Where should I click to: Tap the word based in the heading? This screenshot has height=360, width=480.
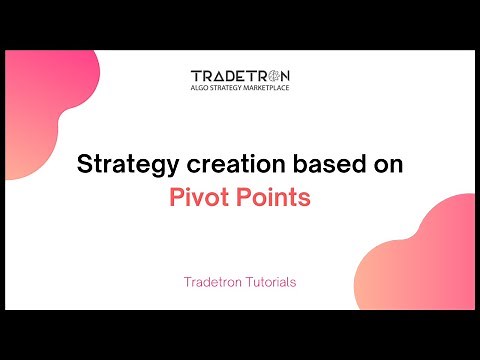(x=308, y=164)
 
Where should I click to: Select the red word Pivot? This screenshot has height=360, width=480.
(x=195, y=197)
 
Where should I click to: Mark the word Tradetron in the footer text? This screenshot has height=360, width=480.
(x=206, y=282)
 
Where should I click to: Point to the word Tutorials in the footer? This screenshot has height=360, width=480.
(x=269, y=282)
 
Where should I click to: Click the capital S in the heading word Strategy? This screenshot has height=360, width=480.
(x=84, y=164)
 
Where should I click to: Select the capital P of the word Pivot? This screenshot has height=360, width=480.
(x=175, y=197)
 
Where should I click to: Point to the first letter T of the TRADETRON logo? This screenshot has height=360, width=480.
(x=195, y=77)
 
